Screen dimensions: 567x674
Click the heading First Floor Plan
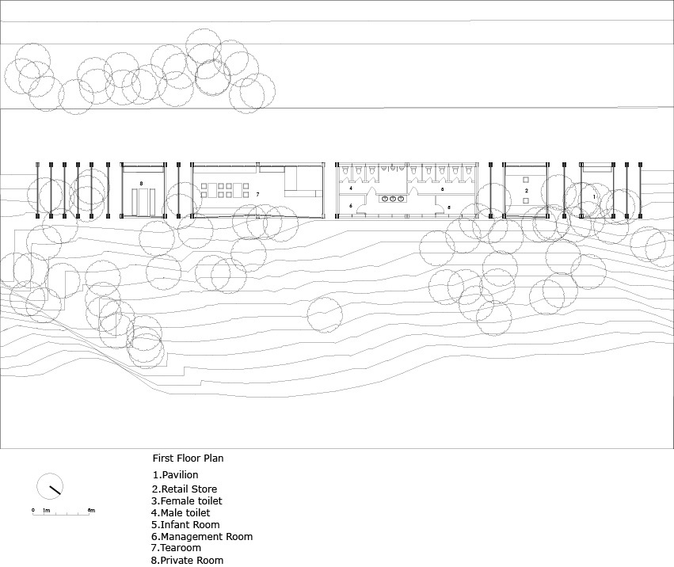pyautogui.click(x=188, y=458)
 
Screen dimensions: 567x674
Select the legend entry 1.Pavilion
pyautogui.click(x=176, y=474)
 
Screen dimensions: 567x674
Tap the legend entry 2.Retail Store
pyautogui.click(x=185, y=489)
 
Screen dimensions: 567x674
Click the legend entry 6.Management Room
pyautogui.click(x=202, y=536)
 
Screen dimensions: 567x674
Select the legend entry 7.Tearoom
pyautogui.click(x=177, y=548)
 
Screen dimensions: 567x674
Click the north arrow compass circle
pyautogui.click(x=50, y=487)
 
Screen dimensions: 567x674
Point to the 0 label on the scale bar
pyautogui.click(x=33, y=510)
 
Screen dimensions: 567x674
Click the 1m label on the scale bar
pyautogui.click(x=47, y=510)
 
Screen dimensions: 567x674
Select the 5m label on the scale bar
pyautogui.click(x=91, y=510)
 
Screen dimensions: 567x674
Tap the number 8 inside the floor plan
pyautogui.click(x=141, y=183)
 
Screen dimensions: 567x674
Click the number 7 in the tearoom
pyautogui.click(x=257, y=193)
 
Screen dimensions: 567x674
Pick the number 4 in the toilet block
pyautogui.click(x=351, y=188)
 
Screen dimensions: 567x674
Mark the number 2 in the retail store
pyautogui.click(x=526, y=191)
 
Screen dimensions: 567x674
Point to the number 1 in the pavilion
pyautogui.click(x=594, y=196)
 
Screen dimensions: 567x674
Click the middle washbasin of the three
pyautogui.click(x=391, y=200)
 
